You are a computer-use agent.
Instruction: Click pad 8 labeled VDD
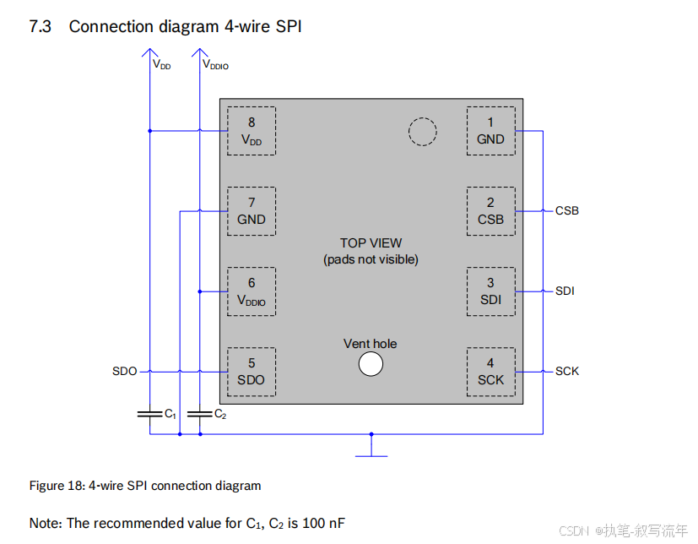[x=252, y=131]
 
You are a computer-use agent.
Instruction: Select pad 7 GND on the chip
[x=252, y=211]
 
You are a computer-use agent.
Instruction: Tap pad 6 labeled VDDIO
[x=252, y=291]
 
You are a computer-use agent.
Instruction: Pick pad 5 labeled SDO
[x=252, y=372]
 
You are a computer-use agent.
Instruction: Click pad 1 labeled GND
[x=490, y=131]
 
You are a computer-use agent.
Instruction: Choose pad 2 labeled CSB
[x=490, y=211]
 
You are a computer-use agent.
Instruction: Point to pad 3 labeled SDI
[x=490, y=291]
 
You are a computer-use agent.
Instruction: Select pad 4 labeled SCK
[x=490, y=372]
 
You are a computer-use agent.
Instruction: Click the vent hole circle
[x=371, y=364]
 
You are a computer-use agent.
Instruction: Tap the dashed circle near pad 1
[x=422, y=131]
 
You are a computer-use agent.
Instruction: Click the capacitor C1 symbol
[x=150, y=414]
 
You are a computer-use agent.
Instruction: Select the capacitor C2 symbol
[x=200, y=414]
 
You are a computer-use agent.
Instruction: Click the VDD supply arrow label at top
[x=161, y=63]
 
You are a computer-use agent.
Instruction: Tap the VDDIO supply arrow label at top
[x=215, y=63]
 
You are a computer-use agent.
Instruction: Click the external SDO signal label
[x=124, y=372]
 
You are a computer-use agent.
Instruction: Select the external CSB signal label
[x=566, y=211]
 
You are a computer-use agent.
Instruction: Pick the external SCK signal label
[x=566, y=372]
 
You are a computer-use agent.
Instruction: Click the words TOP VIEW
[x=371, y=243]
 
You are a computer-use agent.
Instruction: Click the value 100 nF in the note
[x=324, y=524]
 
